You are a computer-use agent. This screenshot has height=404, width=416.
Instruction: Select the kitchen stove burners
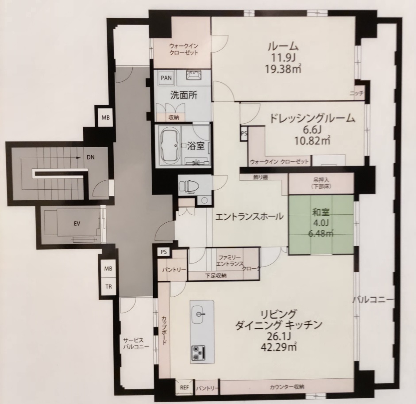[x=198, y=353]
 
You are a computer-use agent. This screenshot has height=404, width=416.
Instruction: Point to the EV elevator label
[x=77, y=224]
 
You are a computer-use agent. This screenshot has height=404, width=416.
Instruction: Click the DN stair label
[x=90, y=157]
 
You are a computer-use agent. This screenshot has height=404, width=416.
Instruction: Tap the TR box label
[x=108, y=286]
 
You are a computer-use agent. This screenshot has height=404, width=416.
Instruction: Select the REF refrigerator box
[x=185, y=388]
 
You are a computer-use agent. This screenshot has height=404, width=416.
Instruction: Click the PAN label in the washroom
[x=166, y=78]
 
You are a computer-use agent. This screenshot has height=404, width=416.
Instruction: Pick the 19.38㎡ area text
[x=283, y=69]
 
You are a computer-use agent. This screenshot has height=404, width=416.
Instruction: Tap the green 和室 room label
[x=321, y=212]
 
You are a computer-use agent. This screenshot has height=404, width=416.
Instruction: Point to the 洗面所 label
[x=184, y=95]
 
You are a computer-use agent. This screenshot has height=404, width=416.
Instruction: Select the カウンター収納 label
[x=287, y=387]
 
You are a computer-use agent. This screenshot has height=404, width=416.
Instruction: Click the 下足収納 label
[x=216, y=275]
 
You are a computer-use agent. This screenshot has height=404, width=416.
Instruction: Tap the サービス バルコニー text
[x=136, y=343]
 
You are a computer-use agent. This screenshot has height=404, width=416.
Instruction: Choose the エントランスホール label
[x=249, y=217]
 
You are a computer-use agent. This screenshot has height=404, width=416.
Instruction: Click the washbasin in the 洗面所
[x=194, y=75]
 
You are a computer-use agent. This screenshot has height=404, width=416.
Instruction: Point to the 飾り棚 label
[x=260, y=178]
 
